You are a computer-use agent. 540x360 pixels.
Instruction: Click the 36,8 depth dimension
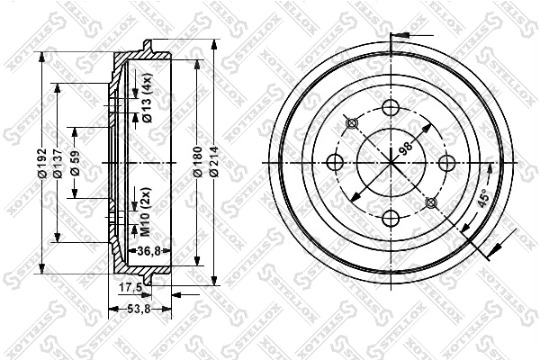coord(147,252)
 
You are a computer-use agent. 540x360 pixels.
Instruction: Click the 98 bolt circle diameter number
coord(406,148)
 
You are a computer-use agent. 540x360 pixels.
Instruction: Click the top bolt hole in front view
coord(391,108)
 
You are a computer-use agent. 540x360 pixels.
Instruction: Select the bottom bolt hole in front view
coord(391,217)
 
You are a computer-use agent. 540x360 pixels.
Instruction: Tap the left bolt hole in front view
coord(336,163)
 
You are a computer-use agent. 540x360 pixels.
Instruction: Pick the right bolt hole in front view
coord(445,163)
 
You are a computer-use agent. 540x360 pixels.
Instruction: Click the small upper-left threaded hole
coord(352,123)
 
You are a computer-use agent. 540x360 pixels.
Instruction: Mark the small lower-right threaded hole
coord(429,202)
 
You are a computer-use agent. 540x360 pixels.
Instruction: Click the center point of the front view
coord(391,163)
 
